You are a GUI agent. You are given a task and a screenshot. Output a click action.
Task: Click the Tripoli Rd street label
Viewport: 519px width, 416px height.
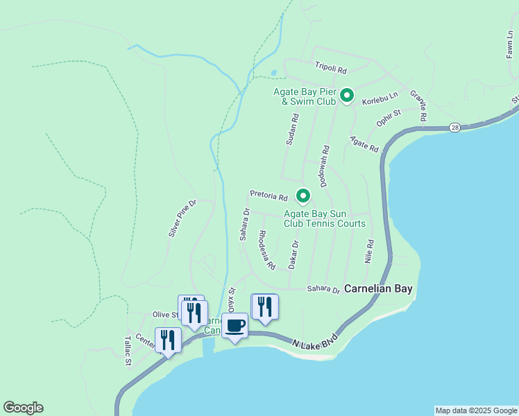[330, 67]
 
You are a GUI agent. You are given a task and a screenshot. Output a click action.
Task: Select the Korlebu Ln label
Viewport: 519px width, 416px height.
[379, 98]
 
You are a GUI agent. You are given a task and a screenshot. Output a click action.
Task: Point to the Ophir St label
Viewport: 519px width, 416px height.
[389, 117]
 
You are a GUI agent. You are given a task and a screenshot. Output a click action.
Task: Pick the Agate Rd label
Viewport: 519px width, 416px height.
[364, 144]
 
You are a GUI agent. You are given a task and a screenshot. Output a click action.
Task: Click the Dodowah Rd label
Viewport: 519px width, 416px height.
[325, 166]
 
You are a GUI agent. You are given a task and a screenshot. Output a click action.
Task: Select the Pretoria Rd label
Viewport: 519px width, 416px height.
[269, 197]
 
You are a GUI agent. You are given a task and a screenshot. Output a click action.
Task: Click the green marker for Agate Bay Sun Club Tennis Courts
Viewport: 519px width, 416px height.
[303, 196]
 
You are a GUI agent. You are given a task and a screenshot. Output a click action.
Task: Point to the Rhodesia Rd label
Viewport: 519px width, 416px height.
[266, 250]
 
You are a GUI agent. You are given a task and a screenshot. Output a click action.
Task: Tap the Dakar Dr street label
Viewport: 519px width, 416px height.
[293, 254]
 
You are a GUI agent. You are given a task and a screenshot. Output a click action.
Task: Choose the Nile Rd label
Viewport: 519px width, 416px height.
[369, 252]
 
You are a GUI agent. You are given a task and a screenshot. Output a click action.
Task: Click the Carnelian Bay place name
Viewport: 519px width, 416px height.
[379, 288]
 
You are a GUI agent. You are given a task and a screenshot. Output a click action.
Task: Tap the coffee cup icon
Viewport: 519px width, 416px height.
[235, 326]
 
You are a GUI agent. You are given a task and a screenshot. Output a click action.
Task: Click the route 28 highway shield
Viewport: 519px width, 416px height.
[454, 127]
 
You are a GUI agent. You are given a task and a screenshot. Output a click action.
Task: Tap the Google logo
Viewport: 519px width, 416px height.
[23, 408]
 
